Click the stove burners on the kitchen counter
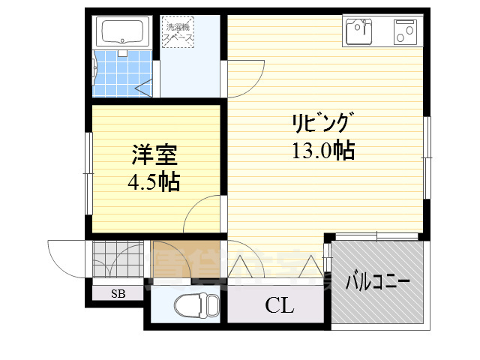pyautogui.click(x=406, y=31)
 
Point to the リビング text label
pyautogui.click(x=322, y=123)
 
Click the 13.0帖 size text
pyautogui.click(x=323, y=150)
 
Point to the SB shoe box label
pyautogui.click(x=118, y=293)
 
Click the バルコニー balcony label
pyautogui.click(x=377, y=283)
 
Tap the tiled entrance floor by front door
pyautogui.click(x=117, y=258)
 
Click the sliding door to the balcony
pyautogui.click(x=375, y=236)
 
